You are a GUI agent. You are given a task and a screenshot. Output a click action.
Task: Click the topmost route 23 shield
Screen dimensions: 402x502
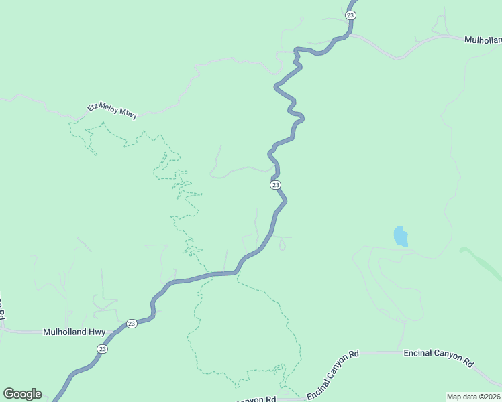coord(350,15)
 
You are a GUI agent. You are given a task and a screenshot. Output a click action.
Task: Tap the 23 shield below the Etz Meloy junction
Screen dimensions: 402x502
coord(275,185)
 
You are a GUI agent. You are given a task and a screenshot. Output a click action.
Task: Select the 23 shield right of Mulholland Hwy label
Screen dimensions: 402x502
coord(132,323)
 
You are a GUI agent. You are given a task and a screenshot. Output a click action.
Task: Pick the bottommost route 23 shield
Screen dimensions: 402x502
coord(101,348)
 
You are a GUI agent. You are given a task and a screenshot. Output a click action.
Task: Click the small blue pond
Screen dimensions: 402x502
coord(401,237)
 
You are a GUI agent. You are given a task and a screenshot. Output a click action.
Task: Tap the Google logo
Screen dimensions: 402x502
coord(22,394)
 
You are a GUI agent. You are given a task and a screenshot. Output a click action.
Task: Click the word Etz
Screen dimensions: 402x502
coord(93,107)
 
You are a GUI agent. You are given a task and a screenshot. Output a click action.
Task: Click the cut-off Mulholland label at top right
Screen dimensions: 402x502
coord(483,40)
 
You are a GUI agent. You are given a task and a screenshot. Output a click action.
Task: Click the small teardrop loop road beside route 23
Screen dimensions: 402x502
coord(282,245)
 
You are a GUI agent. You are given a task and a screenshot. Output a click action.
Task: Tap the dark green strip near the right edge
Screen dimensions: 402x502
coord(479,261)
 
